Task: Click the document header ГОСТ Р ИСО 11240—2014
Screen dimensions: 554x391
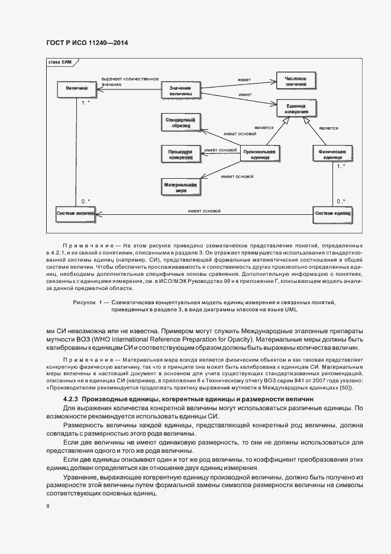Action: (x=87, y=43)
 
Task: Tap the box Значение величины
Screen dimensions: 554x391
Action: (x=180, y=91)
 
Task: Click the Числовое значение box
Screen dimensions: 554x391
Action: (x=295, y=81)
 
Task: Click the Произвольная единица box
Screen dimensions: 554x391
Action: (x=259, y=154)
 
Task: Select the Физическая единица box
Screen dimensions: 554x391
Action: (x=332, y=154)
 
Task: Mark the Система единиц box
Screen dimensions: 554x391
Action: (x=332, y=212)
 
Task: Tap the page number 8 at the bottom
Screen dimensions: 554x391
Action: (x=48, y=506)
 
